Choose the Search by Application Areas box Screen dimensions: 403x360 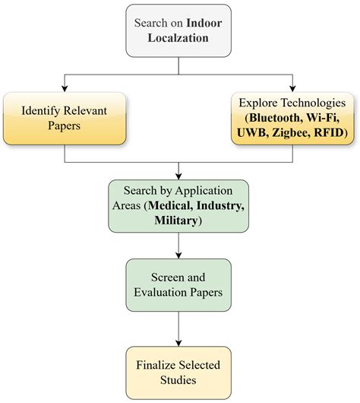point(178,205)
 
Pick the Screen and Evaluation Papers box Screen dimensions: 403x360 point(178,285)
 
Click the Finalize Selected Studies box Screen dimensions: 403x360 point(178,372)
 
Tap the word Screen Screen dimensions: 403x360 point(163,278)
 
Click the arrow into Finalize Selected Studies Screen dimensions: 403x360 point(178,341)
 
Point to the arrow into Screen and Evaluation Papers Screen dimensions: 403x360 point(178,254)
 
